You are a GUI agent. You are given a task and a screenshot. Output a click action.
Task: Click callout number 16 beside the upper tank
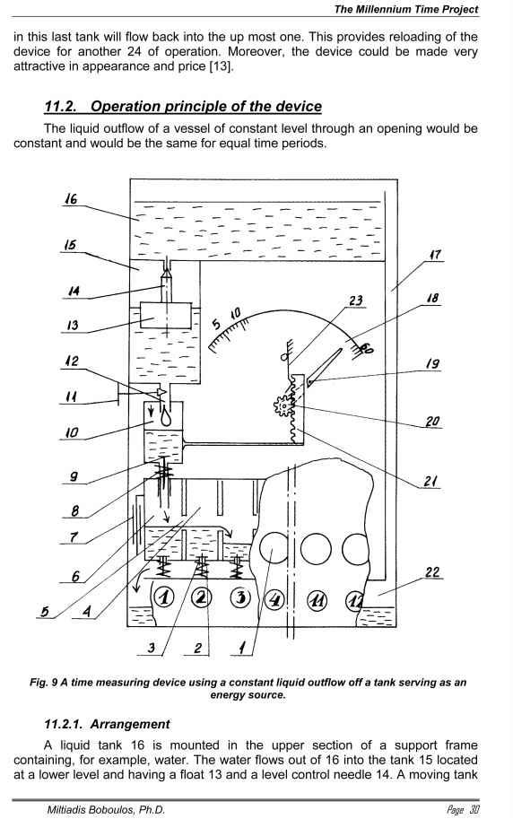[x=71, y=199]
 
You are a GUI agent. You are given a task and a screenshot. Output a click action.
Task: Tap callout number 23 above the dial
[x=356, y=301]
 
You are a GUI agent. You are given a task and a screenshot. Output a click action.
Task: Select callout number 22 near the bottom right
[x=432, y=572]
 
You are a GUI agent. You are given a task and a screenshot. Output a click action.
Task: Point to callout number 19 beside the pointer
[x=432, y=363]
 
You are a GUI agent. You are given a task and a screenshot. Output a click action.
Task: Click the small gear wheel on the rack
[x=283, y=405]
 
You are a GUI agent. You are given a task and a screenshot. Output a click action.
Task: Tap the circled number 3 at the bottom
[x=241, y=597]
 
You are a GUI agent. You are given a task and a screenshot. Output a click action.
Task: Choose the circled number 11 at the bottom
[x=317, y=599]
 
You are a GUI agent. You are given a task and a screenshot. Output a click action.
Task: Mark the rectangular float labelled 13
[x=166, y=316]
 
